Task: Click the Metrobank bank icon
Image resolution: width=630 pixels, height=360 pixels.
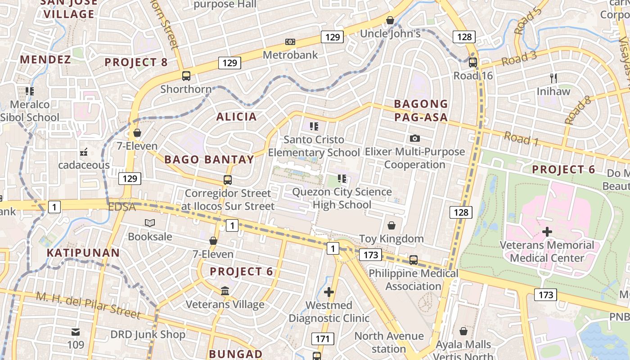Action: [290, 42]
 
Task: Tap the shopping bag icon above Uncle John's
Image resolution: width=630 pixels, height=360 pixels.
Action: [390, 21]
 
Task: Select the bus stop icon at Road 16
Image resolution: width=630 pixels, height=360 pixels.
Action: [472, 63]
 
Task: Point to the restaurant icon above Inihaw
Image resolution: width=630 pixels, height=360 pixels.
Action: [553, 78]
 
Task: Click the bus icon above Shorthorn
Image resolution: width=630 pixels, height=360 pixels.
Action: [186, 76]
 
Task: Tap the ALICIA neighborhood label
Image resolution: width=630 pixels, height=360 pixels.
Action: [236, 117]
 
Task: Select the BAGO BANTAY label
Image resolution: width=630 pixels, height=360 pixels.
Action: [209, 159]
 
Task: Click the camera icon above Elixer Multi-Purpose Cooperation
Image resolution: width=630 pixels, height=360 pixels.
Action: [414, 138]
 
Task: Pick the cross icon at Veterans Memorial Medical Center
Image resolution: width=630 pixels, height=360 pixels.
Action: [547, 232]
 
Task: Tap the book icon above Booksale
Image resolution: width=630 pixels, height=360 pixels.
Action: [150, 223]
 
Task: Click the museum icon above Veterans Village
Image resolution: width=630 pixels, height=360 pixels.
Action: [225, 291]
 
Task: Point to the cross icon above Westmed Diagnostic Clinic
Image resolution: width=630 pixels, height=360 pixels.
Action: [329, 292]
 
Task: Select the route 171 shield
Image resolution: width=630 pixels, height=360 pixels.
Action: [323, 339]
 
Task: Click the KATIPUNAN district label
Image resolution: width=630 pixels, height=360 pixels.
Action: [83, 253]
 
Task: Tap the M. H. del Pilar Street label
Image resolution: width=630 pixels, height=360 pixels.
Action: [88, 305]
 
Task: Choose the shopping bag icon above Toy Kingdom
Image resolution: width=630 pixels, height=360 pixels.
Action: [391, 225]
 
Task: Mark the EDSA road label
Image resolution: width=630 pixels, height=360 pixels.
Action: [122, 207]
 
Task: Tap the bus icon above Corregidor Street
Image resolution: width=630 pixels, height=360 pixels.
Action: [228, 180]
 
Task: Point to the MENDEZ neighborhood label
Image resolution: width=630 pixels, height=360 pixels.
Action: [45, 60]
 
